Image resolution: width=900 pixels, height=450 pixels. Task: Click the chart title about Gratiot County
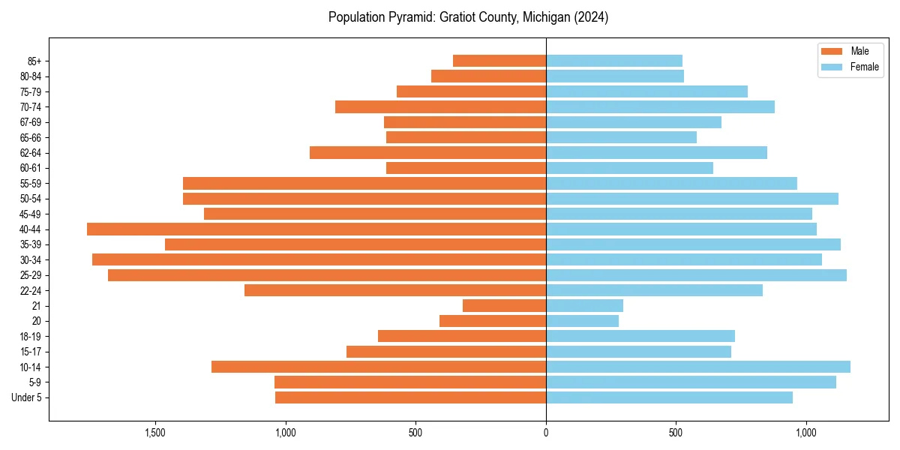[x=468, y=17]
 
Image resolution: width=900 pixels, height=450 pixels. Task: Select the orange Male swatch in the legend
[x=832, y=51]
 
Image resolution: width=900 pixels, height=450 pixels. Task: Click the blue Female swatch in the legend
[x=832, y=67]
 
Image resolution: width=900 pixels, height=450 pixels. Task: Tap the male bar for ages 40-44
[x=316, y=229]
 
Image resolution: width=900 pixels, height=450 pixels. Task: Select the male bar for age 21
[x=504, y=305]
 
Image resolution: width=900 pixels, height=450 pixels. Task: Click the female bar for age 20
[x=582, y=321]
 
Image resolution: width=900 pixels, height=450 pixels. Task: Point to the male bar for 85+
[x=499, y=61]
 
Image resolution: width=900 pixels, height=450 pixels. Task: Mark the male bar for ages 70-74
[x=440, y=106]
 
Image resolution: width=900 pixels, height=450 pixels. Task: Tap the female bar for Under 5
[x=669, y=397]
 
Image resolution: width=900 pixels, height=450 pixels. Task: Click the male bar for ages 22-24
[x=395, y=290]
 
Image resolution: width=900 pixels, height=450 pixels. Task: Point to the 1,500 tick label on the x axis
[x=155, y=433]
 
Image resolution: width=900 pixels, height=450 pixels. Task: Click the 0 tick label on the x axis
[x=546, y=433]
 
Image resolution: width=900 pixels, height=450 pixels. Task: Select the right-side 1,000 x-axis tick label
[x=805, y=433]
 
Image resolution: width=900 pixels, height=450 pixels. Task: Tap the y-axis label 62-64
[x=31, y=153]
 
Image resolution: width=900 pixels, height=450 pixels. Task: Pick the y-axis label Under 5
[x=26, y=397]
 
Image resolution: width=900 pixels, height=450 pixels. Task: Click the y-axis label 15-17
[x=31, y=352]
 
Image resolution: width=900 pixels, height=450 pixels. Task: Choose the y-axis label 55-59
[x=31, y=184]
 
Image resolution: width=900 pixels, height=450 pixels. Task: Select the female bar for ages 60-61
[x=629, y=168]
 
